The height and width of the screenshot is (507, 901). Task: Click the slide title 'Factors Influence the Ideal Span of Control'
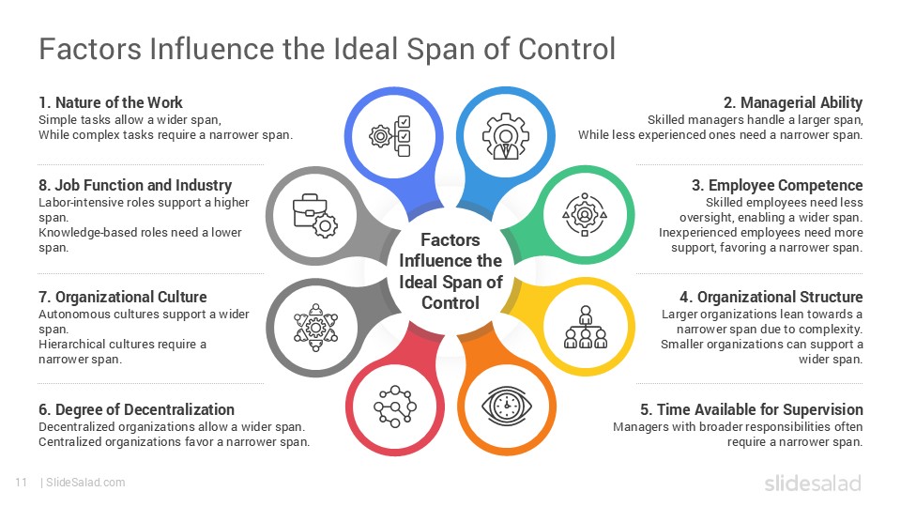pyautogui.click(x=327, y=49)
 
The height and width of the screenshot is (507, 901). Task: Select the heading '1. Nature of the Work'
pyautogui.click(x=111, y=102)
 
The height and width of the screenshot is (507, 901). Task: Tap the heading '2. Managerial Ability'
pyautogui.click(x=793, y=102)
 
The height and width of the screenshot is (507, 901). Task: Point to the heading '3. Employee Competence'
pyautogui.click(x=785, y=185)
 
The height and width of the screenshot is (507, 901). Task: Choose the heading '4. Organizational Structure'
pyautogui.click(x=779, y=298)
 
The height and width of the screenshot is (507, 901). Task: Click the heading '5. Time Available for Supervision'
pyautogui.click(x=752, y=409)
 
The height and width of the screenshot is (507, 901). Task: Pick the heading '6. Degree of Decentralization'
pyautogui.click(x=137, y=409)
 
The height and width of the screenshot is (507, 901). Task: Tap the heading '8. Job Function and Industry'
pyautogui.click(x=135, y=185)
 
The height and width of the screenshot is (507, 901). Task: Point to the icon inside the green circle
pyautogui.click(x=585, y=213)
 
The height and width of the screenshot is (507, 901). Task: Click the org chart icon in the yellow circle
pyautogui.click(x=586, y=327)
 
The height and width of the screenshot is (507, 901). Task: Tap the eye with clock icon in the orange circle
pyautogui.click(x=507, y=406)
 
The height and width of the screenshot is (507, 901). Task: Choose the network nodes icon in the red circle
pyautogui.click(x=393, y=406)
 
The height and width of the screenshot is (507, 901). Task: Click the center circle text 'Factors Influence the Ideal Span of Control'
pyautogui.click(x=450, y=271)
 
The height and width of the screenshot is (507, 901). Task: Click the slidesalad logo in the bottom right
pyautogui.click(x=812, y=483)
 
